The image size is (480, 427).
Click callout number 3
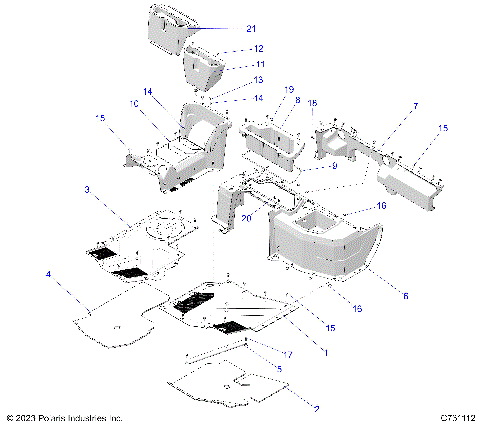tap(87, 189)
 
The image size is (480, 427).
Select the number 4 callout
tap(46, 273)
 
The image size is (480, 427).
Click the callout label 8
tap(297, 101)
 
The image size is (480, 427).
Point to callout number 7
tap(387, 106)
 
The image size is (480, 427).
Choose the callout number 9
tap(335, 167)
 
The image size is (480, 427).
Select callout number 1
tap(323, 351)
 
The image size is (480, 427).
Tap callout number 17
tap(288, 355)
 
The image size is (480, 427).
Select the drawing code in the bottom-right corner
tap(452, 417)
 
